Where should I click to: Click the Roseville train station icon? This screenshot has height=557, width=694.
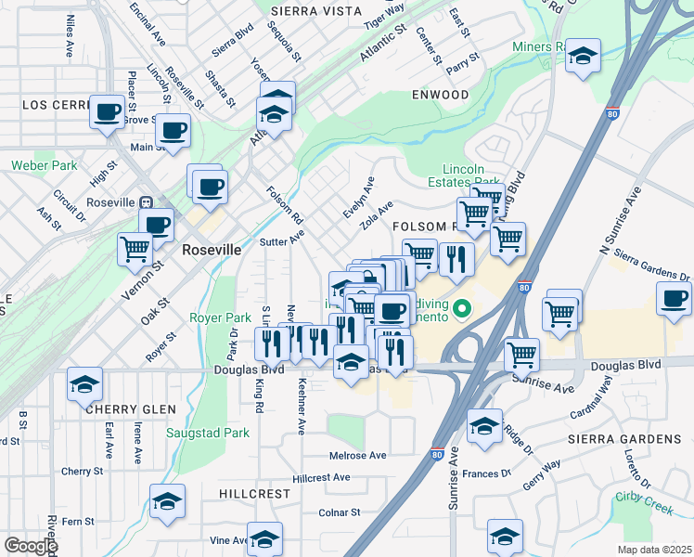146,202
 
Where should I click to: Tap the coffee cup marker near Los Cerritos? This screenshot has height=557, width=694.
108,113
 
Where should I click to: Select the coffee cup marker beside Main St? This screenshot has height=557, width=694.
173,131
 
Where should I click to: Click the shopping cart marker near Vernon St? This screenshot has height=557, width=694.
135,249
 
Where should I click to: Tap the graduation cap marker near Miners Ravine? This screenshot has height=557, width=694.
583,57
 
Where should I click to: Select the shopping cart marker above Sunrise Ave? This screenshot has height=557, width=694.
522,355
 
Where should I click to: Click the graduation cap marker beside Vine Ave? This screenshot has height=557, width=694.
264,539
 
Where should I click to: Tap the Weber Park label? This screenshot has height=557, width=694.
45,166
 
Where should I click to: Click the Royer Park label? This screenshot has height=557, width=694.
214,317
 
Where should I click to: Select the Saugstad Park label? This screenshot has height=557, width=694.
208,433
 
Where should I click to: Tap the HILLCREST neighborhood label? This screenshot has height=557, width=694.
255,494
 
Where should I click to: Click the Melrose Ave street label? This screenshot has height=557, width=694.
358,455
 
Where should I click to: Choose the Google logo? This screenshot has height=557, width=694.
31,546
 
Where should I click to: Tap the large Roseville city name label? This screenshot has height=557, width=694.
212,250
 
